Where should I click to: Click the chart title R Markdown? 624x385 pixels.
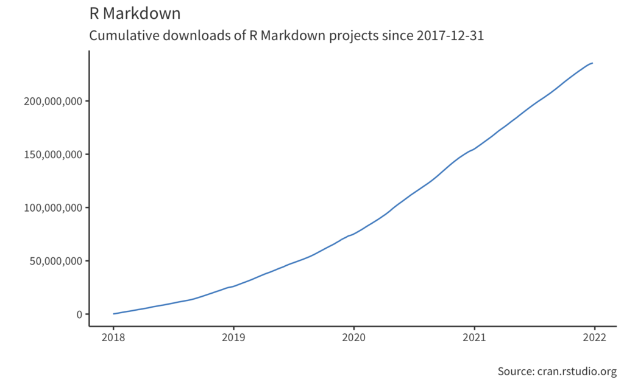(x=135, y=13)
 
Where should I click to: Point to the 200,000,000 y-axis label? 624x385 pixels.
(x=52, y=101)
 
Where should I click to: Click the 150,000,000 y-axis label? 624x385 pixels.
(x=52, y=154)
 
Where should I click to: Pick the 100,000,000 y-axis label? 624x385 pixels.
(x=52, y=208)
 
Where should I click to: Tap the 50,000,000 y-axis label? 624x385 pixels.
(x=55, y=261)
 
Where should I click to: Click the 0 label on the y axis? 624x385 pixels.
(x=79, y=314)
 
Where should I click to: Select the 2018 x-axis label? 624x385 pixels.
(x=113, y=338)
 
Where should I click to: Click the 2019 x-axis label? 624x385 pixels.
(x=233, y=338)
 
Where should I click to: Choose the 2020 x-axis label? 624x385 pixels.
(x=354, y=338)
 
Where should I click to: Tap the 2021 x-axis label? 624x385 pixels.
(x=474, y=338)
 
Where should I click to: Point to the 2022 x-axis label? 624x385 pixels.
(x=594, y=338)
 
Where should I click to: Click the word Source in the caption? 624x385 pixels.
(x=515, y=371)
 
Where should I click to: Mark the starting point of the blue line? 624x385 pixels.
(x=114, y=314)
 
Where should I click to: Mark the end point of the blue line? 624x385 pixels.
(x=592, y=63)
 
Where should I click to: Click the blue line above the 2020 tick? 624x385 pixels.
(x=354, y=234)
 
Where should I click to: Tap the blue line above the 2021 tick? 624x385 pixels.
(x=474, y=149)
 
